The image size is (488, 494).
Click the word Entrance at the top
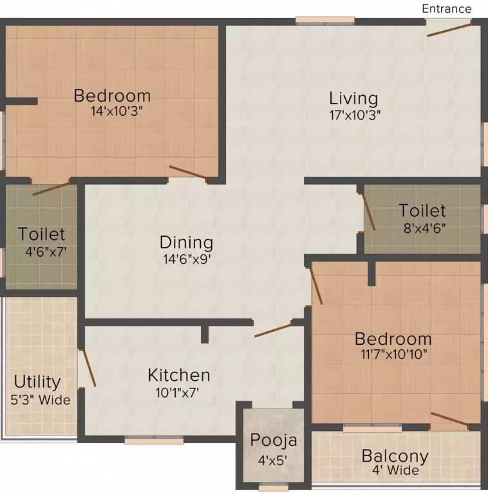(x=446, y=8)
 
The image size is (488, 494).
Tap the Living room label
(x=353, y=98)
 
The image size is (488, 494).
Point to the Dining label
(x=186, y=242)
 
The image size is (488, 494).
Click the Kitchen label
(x=178, y=375)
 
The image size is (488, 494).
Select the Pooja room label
(x=274, y=441)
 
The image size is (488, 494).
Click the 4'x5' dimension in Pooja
(x=274, y=461)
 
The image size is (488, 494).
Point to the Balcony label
(x=395, y=456)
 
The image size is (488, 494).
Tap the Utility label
(x=37, y=382)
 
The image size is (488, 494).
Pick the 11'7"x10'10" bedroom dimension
(x=393, y=354)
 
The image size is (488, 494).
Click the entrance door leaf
(x=449, y=28)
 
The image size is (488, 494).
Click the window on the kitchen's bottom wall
(x=154, y=441)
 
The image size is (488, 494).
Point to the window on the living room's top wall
(x=324, y=21)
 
